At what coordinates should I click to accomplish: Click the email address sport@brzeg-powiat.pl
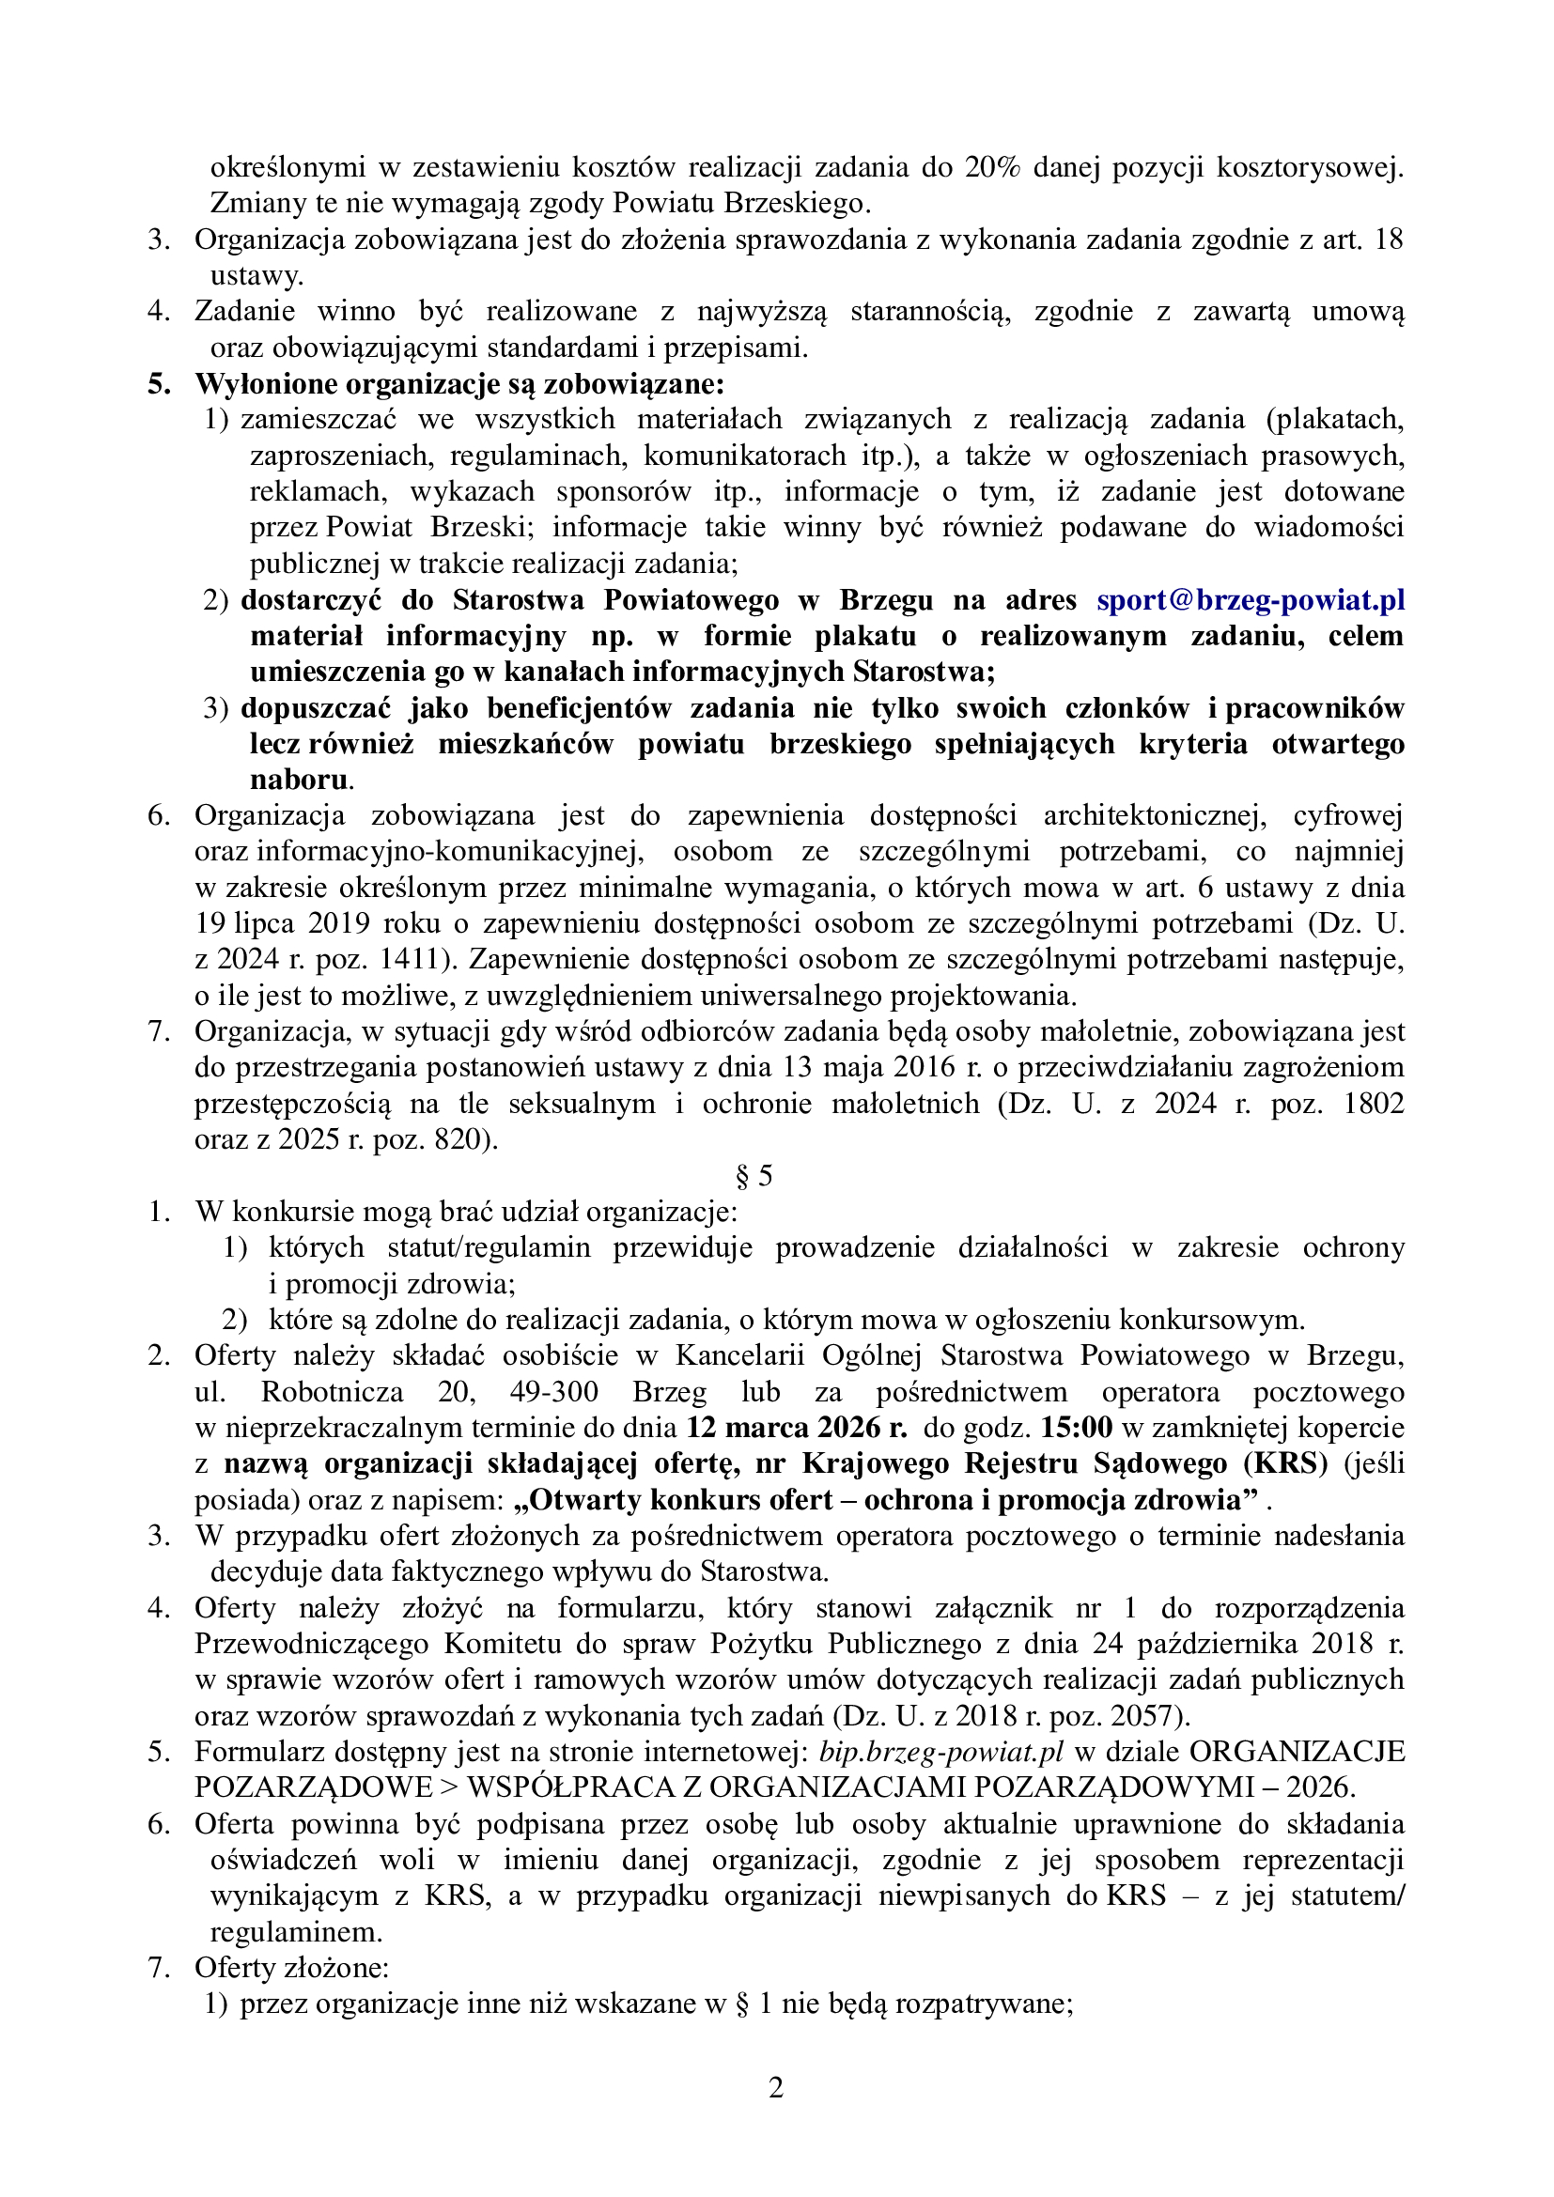[1250, 600]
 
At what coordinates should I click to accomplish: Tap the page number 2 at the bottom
[776, 2087]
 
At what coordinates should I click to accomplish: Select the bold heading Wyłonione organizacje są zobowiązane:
[459, 384]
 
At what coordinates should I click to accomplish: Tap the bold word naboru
[300, 780]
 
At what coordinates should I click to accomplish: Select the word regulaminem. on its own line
[297, 1932]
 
